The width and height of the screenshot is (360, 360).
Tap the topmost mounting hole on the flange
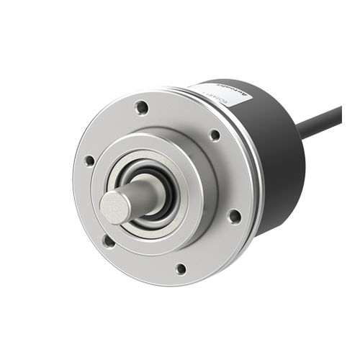(142, 108)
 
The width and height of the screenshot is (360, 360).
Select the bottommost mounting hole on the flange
(181, 269)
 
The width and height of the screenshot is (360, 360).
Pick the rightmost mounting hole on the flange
(234, 215)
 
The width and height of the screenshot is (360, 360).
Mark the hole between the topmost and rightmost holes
(215, 135)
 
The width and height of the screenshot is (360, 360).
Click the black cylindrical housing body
(277, 180)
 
